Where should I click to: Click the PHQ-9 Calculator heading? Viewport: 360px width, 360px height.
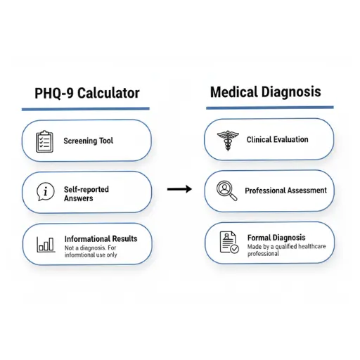point(86,93)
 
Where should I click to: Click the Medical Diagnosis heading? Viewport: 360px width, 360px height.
point(265,91)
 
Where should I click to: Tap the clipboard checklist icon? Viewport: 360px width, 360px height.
point(45,141)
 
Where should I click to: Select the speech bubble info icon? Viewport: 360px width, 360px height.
point(45,191)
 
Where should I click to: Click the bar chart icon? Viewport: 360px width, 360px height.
point(46,244)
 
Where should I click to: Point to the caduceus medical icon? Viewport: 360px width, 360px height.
point(227,140)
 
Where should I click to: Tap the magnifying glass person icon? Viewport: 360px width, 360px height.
point(226,191)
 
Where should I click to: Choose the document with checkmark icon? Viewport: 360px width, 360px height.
point(229,242)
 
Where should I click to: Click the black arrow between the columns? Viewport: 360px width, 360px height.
point(180,189)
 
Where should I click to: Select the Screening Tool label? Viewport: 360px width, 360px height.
point(88,141)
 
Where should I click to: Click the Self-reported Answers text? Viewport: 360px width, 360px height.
point(86,193)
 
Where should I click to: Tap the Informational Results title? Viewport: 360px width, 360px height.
point(101,238)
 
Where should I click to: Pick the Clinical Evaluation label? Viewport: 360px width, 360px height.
point(277,140)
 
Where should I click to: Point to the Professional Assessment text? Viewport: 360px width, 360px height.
point(285,191)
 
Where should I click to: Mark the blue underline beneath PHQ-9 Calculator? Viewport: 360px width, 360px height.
point(85,109)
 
